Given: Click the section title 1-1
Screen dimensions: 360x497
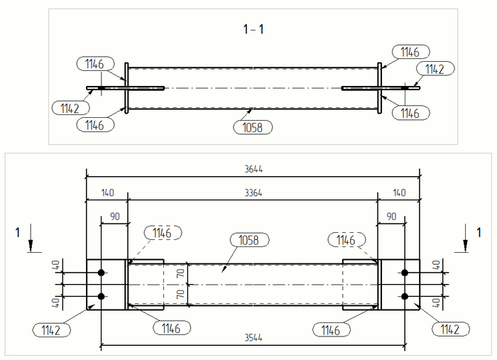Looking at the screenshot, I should (253, 29).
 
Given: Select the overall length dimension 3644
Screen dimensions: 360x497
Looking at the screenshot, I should (253, 170).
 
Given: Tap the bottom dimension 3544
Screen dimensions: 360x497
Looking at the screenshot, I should (253, 339).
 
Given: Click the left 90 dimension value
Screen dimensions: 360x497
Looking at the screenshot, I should (114, 215).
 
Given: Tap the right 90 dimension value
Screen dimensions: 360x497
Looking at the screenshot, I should (391, 215).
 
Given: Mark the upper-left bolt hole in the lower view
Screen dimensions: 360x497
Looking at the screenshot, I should (102, 273).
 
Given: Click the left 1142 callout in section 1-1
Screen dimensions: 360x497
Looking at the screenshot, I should (70, 108).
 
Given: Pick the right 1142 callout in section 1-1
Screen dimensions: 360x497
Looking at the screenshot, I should (435, 69).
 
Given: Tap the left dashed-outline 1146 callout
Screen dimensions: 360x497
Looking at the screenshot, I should (163, 232).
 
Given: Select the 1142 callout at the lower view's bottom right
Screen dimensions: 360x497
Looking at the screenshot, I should (449, 329).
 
